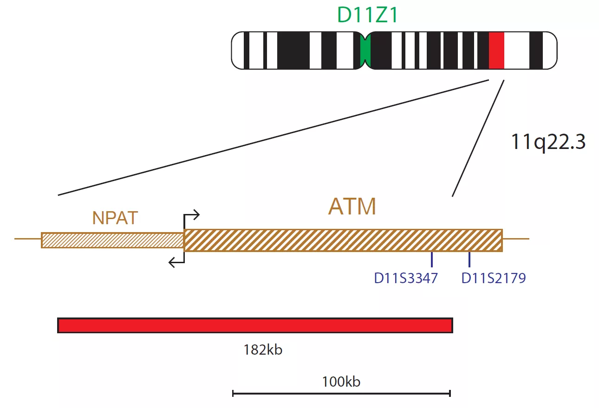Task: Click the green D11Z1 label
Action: (x=367, y=15)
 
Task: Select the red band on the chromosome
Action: (x=496, y=51)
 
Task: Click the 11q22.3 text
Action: (x=548, y=142)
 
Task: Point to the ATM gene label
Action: (x=352, y=207)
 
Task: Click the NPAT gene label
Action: (x=115, y=218)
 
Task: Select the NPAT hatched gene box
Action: (x=112, y=240)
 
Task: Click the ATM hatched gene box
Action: (x=343, y=240)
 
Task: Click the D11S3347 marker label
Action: (x=406, y=278)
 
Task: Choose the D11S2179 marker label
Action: (x=494, y=278)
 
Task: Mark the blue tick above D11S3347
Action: (x=432, y=259)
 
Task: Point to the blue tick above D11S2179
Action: (x=469, y=259)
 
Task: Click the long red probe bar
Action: (x=255, y=325)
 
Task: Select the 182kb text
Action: (x=263, y=350)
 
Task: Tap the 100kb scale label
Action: (x=341, y=382)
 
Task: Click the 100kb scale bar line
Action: (x=341, y=393)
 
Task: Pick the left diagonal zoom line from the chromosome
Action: (x=273, y=137)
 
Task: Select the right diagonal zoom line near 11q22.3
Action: (x=478, y=138)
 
